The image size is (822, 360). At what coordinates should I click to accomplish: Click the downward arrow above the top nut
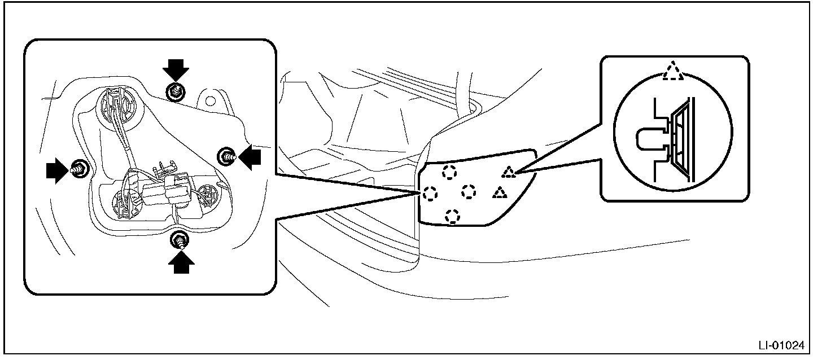pos(176,71)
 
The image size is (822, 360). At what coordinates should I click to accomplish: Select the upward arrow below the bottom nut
pos(181,260)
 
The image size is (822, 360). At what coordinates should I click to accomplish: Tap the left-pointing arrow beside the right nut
pos(250,157)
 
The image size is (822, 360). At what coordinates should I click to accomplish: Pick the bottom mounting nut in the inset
pos(181,240)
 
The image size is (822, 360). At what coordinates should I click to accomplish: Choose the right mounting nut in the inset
pos(228,155)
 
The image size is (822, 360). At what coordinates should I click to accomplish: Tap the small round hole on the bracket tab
pos(212,100)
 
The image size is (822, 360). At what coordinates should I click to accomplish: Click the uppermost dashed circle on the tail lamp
pos(449,172)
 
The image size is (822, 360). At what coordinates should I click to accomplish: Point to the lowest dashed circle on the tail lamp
pos(452,215)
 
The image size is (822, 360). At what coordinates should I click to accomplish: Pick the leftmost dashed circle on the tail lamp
pos(429,194)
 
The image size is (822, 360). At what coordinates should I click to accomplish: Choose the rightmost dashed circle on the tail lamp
pos(469,192)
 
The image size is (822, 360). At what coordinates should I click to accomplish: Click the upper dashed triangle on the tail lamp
pos(509,172)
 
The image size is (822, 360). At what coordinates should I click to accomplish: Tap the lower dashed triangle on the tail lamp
pos(499,194)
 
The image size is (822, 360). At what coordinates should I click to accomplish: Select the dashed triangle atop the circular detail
pos(672,73)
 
